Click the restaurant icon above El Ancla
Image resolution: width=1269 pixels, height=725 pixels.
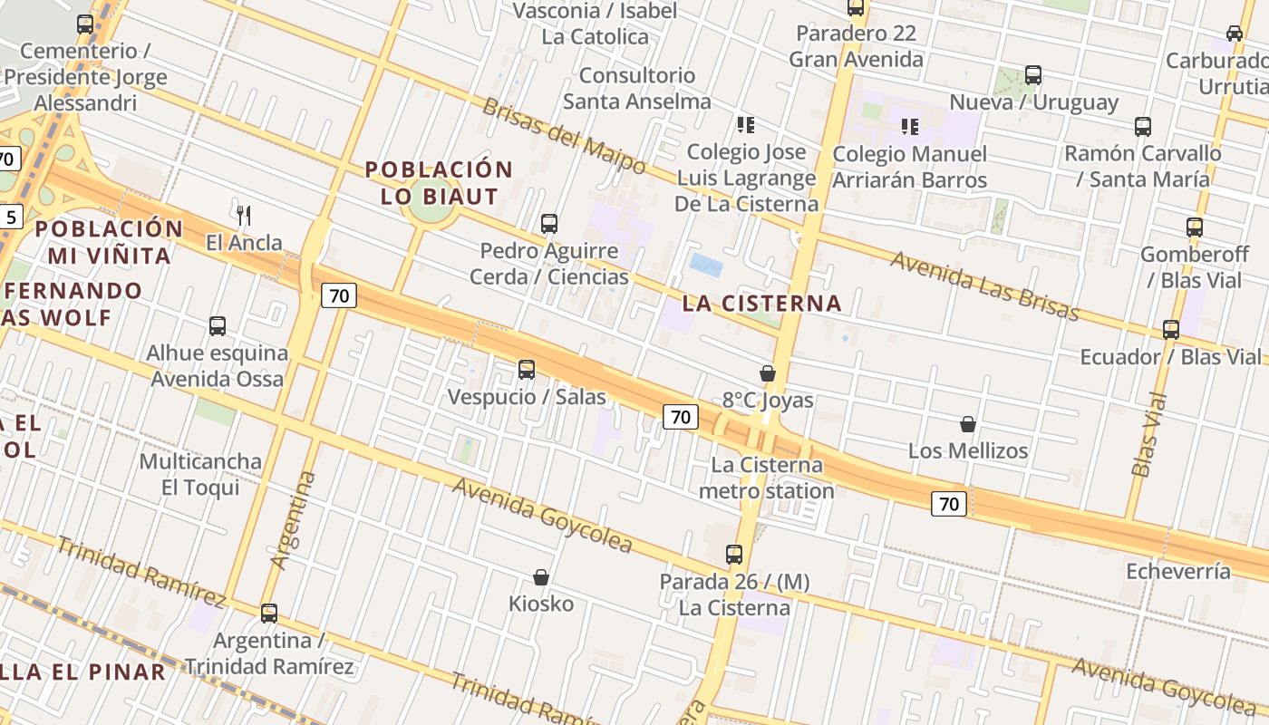243,215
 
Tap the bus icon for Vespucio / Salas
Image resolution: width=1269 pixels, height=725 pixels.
527,369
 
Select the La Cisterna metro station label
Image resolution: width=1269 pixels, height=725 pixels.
767,478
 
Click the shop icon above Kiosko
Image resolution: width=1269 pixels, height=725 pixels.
541,577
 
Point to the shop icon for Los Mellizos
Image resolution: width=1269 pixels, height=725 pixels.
968,424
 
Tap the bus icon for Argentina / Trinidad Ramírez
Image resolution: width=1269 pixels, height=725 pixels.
269,613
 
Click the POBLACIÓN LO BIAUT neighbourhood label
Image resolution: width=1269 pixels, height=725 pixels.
439,182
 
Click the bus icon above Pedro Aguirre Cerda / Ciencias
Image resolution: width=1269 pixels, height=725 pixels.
548,223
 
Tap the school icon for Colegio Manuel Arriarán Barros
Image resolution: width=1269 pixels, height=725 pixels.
909,126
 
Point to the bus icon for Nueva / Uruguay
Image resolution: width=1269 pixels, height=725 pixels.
1033,75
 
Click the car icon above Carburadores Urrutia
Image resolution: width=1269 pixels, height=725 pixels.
1235,33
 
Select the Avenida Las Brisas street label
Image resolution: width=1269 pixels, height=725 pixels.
984,285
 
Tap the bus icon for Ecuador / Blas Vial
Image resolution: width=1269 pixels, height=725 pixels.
1171,329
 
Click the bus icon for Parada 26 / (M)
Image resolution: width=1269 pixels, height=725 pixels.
734,554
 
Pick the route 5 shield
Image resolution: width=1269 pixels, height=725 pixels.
10,217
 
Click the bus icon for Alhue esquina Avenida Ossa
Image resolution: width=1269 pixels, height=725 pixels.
218,325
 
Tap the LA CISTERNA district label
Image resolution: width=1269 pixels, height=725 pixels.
761,304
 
